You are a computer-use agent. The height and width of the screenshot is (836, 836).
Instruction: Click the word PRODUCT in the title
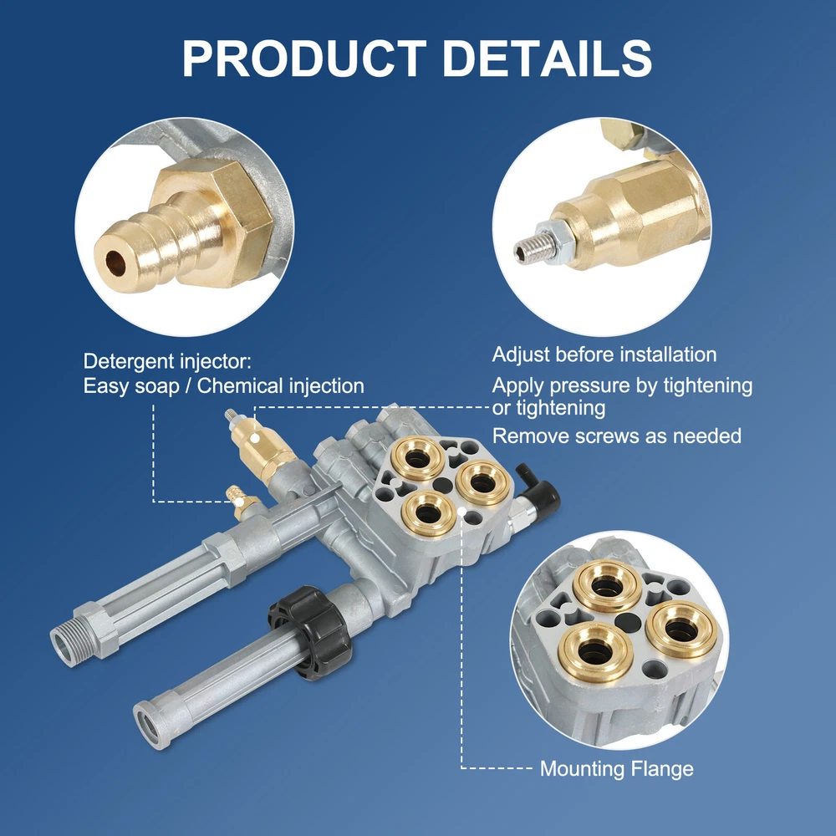304,59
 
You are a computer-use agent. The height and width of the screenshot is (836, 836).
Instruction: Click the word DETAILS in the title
548,59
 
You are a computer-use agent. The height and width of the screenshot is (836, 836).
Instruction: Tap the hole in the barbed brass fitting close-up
115,263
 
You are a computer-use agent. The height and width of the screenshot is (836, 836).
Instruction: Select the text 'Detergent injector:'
167,361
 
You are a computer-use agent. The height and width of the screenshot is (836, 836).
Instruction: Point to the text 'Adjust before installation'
604,354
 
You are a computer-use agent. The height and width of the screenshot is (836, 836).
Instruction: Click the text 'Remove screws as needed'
616,436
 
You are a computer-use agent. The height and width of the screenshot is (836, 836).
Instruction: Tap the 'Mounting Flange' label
616,768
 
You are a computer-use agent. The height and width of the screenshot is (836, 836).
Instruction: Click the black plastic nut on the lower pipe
310,632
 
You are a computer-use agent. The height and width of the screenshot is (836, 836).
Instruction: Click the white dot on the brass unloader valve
255,438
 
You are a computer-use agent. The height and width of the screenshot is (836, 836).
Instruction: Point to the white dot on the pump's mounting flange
461,513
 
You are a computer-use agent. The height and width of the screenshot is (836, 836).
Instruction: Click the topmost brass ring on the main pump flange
417,458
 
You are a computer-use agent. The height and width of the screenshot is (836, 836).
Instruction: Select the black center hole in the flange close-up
628,623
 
